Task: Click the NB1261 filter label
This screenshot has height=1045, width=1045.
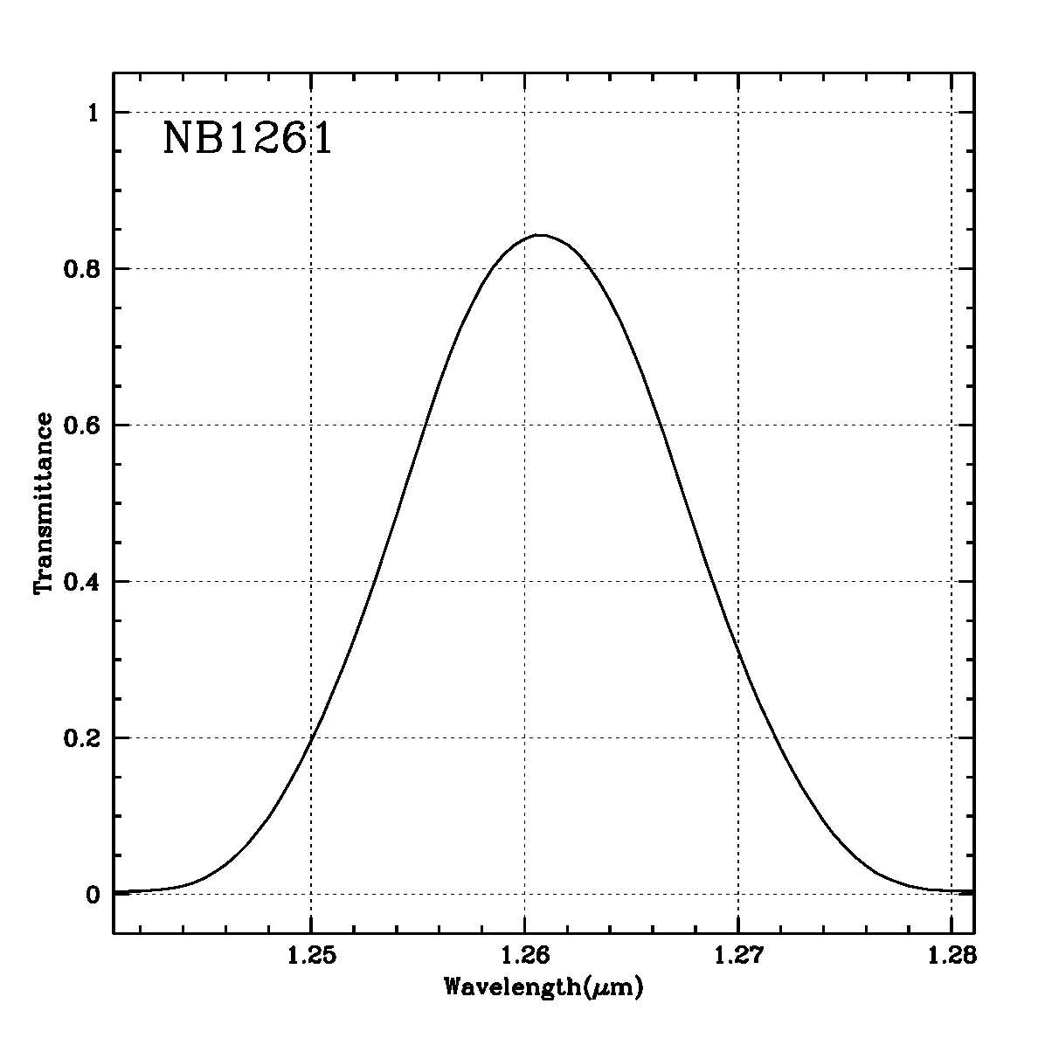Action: [x=247, y=139]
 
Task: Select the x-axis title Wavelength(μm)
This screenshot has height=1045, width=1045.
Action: [x=543, y=988]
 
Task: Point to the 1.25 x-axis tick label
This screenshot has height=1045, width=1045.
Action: [x=310, y=957]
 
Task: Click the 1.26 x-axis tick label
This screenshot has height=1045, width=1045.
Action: [x=524, y=957]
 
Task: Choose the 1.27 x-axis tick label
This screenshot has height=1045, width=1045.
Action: [x=738, y=957]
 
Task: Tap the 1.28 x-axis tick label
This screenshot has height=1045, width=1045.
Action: [x=951, y=957]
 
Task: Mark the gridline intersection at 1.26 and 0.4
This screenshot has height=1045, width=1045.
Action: [x=524, y=581]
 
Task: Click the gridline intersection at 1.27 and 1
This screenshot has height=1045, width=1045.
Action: [x=738, y=112]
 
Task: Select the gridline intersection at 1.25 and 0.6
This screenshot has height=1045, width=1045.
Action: [x=311, y=425]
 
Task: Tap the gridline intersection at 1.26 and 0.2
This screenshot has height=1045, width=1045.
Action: [x=524, y=737]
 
